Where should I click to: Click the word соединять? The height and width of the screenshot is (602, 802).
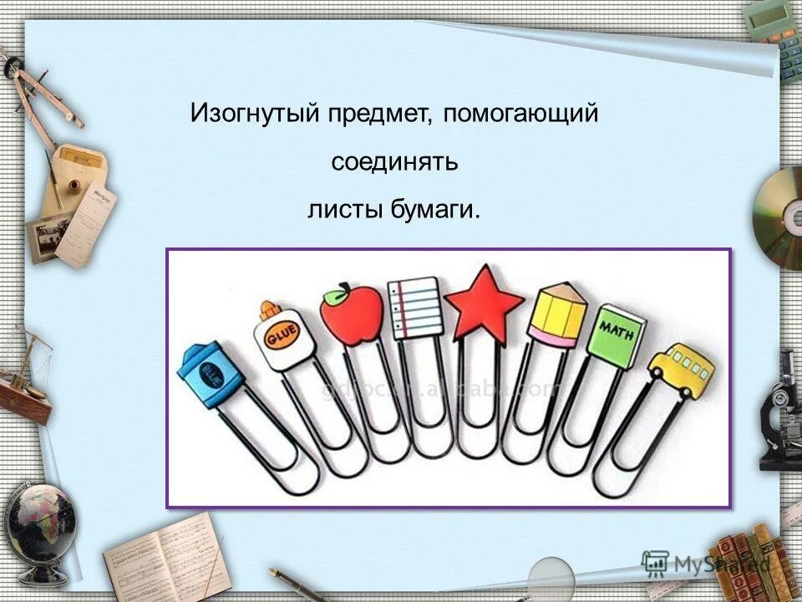[x=394, y=161]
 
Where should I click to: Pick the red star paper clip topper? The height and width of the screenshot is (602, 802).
[x=484, y=303]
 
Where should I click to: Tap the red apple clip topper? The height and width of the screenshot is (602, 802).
[x=351, y=315]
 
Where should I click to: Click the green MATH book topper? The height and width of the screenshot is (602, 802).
[x=617, y=334]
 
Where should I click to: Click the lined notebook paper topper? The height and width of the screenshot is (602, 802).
[x=415, y=307]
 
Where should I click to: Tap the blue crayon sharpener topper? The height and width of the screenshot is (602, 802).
[x=210, y=373]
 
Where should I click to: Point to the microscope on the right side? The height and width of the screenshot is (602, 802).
[x=780, y=410]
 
